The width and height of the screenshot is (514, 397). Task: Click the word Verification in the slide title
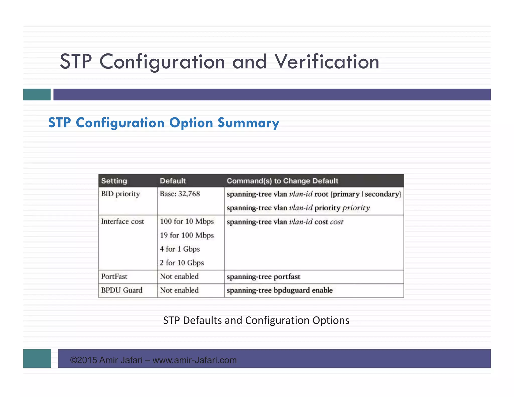(327, 62)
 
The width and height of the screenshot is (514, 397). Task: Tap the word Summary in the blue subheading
(248, 123)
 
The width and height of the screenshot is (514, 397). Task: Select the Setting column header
(114, 181)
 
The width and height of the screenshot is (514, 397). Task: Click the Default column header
(173, 181)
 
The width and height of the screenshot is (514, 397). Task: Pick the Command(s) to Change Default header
(282, 181)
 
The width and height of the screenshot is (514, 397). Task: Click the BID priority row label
(120, 194)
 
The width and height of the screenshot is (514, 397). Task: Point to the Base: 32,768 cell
(180, 194)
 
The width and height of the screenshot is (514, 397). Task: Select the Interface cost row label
(122, 222)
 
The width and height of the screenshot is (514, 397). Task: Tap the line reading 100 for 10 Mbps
(187, 222)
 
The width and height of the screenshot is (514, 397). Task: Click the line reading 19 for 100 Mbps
(187, 235)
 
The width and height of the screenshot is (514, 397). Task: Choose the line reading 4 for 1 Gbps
(180, 249)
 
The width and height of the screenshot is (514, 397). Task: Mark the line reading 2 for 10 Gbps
(182, 263)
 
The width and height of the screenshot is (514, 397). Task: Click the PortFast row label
(114, 277)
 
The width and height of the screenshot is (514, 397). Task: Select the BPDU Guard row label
(122, 290)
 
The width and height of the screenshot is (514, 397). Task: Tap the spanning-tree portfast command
(263, 277)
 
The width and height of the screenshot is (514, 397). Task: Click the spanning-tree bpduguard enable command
(280, 290)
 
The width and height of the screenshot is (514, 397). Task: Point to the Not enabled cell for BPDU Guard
(179, 290)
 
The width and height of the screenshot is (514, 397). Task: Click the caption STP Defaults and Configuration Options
(256, 320)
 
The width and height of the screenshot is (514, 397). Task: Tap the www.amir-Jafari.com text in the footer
(195, 360)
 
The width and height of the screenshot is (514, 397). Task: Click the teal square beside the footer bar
(37, 358)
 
